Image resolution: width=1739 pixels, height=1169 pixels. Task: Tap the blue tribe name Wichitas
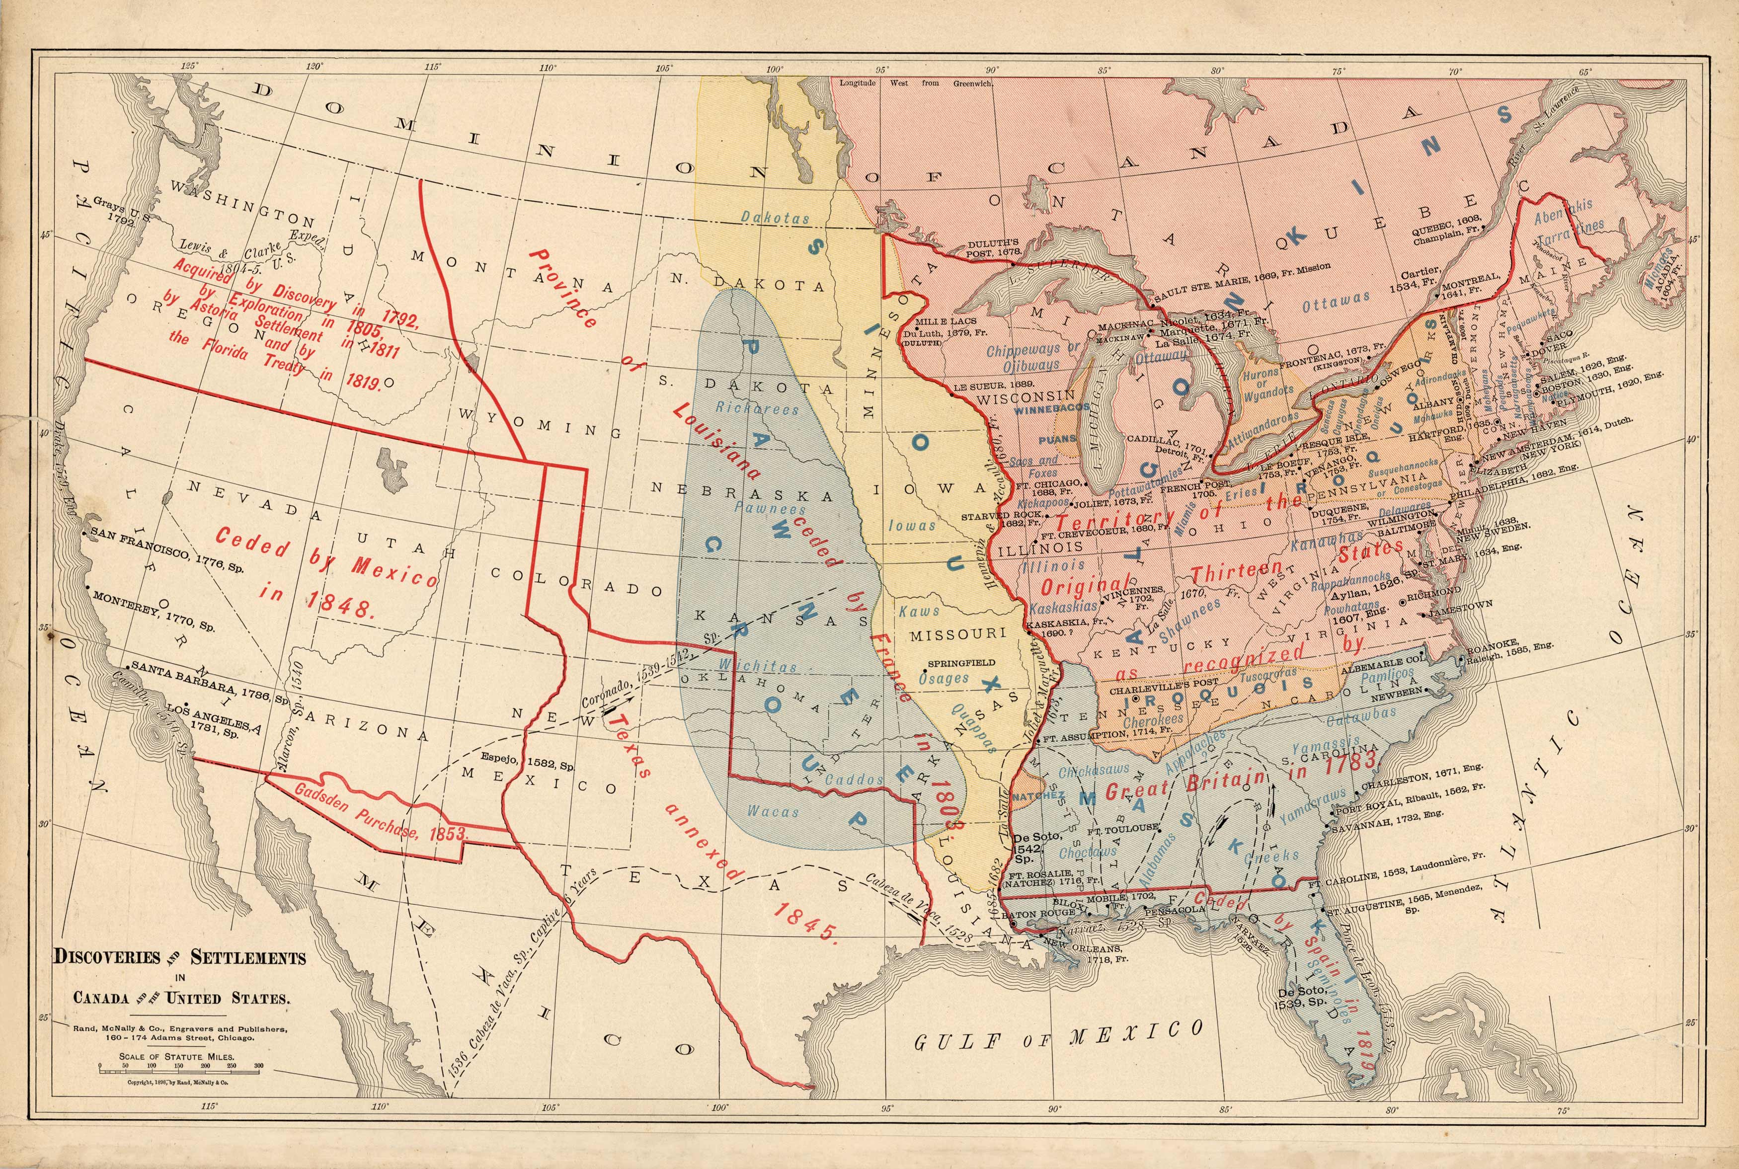pos(757,666)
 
